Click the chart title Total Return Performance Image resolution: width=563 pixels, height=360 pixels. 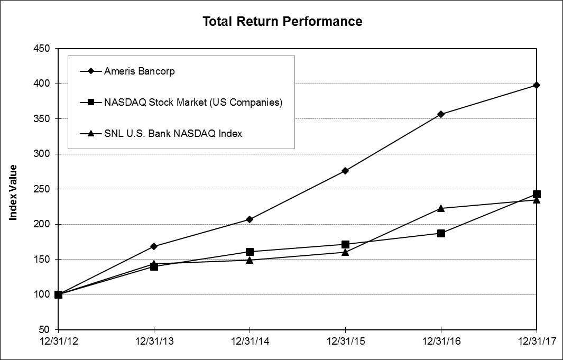coord(283,22)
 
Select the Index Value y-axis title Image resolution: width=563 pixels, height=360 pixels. coord(13,192)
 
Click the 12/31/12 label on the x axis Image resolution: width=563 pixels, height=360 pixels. coord(58,342)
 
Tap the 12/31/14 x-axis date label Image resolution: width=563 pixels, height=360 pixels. coord(250,342)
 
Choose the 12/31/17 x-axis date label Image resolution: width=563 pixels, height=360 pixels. coord(537,342)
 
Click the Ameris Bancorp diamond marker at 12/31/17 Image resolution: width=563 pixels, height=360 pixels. coord(537,85)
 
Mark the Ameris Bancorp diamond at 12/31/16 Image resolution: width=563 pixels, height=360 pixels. coord(441,114)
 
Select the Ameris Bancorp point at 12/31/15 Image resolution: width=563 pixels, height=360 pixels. coord(345,171)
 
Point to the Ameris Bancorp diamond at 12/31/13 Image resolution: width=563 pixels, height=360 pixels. coord(154,246)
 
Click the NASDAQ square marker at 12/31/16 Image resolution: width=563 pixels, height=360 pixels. coord(441,233)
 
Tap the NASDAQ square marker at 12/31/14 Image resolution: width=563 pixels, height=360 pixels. coord(250,252)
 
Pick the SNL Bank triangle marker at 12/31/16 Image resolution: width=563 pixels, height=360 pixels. coord(441,208)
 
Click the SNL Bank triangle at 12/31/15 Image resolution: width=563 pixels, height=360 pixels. coord(345,252)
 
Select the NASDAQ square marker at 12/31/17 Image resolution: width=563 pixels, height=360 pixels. coord(537,194)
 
